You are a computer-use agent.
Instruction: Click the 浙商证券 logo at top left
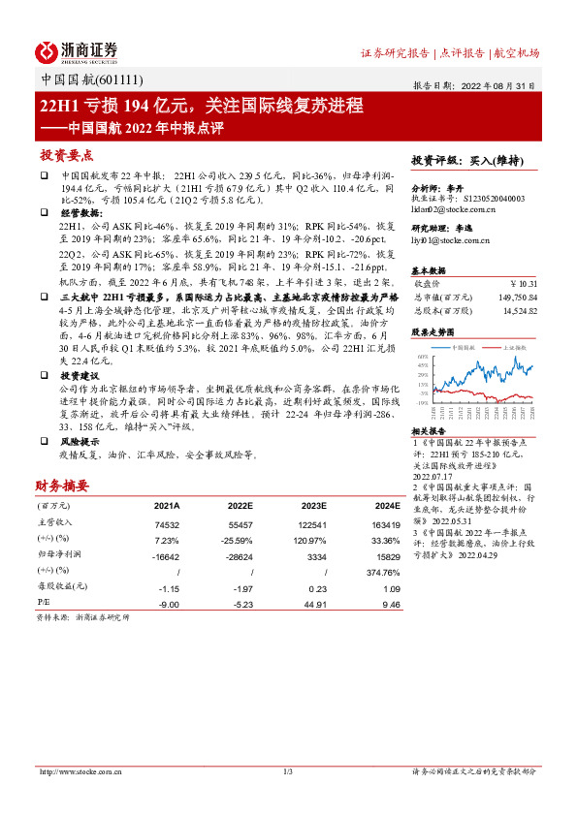click(77, 51)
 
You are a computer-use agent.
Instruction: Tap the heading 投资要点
click(66, 155)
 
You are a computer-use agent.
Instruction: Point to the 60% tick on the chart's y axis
click(424, 357)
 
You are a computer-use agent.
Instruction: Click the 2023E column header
click(311, 506)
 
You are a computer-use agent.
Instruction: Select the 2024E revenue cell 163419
click(383, 522)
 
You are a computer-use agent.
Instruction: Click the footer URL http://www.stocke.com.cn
click(76, 771)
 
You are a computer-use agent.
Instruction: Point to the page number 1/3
click(288, 771)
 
